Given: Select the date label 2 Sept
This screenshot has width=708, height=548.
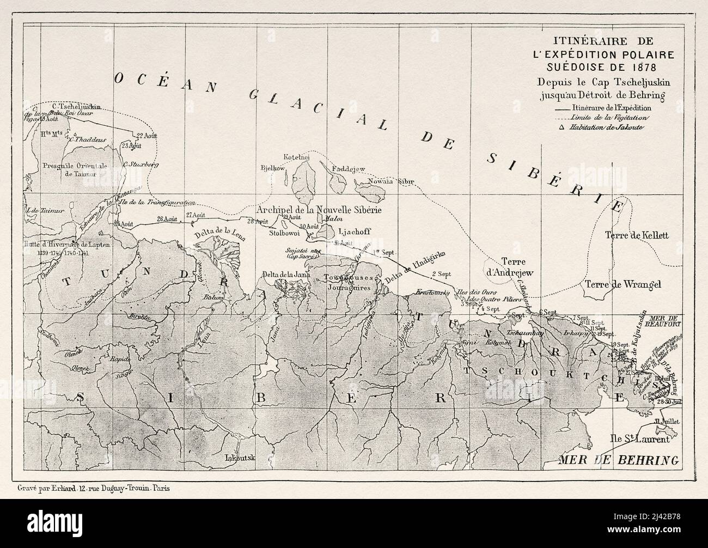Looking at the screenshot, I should (x=442, y=273).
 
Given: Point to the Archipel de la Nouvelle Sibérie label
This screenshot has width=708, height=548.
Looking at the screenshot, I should (x=319, y=210).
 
